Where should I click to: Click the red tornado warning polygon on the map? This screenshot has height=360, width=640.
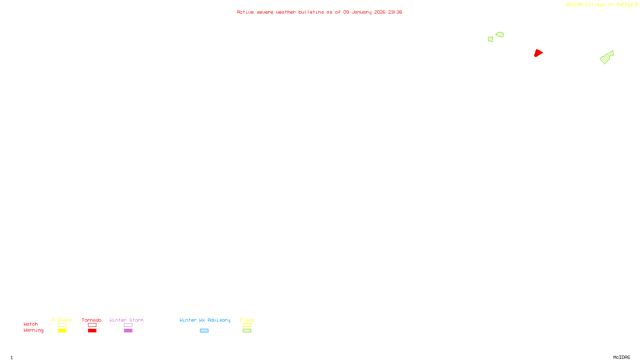(538, 53)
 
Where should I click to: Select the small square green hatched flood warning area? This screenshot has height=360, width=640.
(490, 39)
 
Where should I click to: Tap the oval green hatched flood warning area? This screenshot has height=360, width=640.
(500, 34)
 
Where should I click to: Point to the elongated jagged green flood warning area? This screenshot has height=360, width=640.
(606, 58)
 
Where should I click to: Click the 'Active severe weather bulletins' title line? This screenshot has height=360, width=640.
(319, 12)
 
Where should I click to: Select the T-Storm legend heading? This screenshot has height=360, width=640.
(62, 320)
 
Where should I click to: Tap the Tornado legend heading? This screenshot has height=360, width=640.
(92, 320)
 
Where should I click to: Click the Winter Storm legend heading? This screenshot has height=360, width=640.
(126, 320)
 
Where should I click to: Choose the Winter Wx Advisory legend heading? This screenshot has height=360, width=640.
(205, 320)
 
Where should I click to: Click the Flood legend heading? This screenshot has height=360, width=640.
(247, 320)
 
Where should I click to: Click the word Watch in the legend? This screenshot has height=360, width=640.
(31, 324)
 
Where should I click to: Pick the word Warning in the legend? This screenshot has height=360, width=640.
(33, 330)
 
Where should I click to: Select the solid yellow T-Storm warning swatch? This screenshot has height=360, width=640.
(62, 331)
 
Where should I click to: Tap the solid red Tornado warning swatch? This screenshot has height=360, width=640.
(92, 331)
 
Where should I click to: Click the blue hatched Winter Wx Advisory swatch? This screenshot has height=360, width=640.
(204, 331)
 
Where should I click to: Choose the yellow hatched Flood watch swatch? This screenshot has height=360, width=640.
(247, 325)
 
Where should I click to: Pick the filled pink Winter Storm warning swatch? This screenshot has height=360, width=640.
(128, 331)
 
